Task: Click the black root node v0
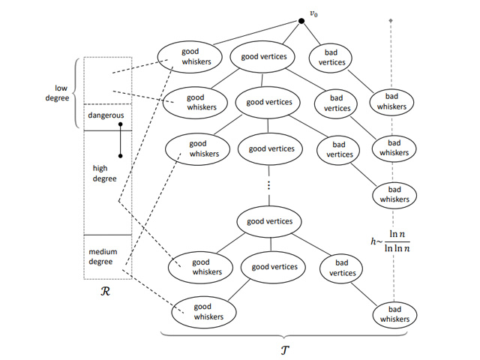point(301,20)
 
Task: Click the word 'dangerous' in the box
point(106,115)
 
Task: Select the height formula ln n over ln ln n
point(392,241)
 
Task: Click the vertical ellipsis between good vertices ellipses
point(268,185)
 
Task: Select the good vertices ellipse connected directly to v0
point(262,57)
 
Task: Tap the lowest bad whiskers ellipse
point(392,314)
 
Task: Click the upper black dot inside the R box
point(121,124)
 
